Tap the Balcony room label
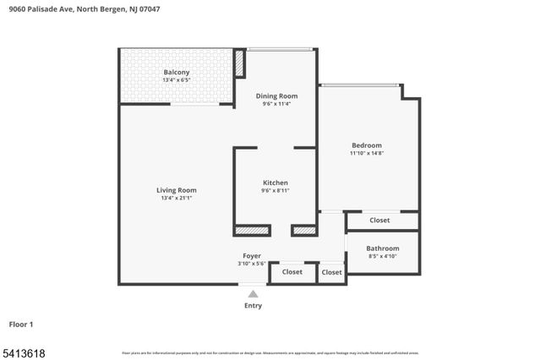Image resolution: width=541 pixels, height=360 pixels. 176,72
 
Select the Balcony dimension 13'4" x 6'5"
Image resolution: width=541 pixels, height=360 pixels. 176,81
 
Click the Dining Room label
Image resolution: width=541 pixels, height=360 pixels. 276,95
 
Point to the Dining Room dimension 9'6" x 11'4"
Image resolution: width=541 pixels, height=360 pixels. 276,105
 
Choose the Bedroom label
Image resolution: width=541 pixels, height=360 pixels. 366,145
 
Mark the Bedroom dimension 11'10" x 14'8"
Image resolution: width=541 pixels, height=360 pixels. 366,154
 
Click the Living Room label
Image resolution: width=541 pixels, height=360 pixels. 176,190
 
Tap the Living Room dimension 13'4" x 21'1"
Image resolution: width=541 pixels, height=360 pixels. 176,199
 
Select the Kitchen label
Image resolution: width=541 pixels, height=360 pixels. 276,183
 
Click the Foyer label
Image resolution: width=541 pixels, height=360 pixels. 252,255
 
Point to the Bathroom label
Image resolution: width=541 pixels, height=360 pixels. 382,248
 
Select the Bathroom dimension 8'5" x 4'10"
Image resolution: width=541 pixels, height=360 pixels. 382,257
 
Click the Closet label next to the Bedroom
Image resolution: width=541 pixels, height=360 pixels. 380,221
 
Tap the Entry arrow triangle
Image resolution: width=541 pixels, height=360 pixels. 253,294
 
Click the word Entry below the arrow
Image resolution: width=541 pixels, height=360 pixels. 253,305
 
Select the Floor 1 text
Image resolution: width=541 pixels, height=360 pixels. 21,324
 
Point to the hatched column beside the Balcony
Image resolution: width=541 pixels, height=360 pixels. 239,63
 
